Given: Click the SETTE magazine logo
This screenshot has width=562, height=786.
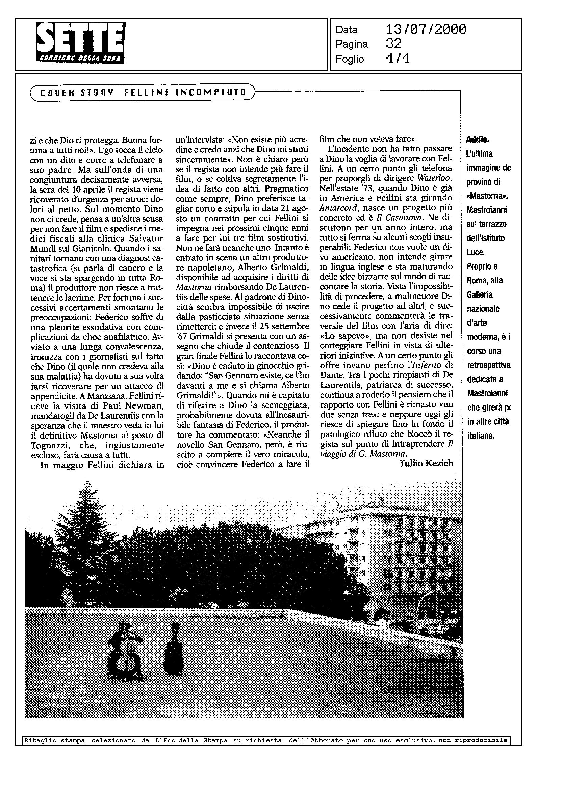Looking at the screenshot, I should point(81,42).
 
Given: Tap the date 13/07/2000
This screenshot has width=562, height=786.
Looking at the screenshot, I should point(426,29).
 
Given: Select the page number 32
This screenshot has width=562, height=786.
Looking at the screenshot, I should point(393,44).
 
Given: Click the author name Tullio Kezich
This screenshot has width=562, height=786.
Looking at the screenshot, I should point(426,464).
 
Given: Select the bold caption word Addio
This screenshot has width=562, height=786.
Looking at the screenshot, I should point(478,140).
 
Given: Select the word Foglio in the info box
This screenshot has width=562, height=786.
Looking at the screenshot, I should point(350,59).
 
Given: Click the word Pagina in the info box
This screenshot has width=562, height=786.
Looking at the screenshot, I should point(351,44).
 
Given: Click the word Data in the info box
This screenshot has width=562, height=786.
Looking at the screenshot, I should point(347,30).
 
